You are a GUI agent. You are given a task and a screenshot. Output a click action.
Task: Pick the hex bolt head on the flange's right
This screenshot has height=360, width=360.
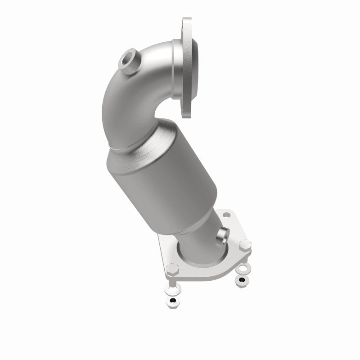[245, 245]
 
